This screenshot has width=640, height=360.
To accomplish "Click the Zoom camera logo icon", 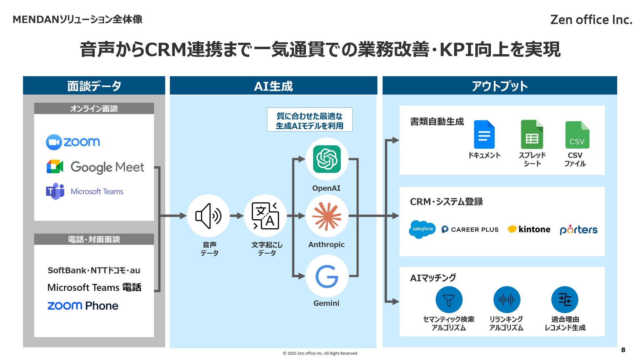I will pyautogui.click(x=54, y=142).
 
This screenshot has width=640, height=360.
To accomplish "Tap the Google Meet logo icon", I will pyautogui.click(x=55, y=167).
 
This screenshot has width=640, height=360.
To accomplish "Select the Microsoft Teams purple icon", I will pyautogui.click(x=55, y=191).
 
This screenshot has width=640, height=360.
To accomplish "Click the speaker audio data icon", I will pyautogui.click(x=208, y=216).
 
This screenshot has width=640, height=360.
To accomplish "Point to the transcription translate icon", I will pyautogui.click(x=265, y=216).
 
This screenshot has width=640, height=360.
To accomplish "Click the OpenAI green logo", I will pyautogui.click(x=327, y=159).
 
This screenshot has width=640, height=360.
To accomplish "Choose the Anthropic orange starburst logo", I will pyautogui.click(x=327, y=216).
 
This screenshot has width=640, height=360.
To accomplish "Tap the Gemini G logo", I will pyautogui.click(x=327, y=276).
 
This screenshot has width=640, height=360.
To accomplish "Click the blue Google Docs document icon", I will pyautogui.click(x=484, y=135).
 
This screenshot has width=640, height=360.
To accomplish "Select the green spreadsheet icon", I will pyautogui.click(x=532, y=135).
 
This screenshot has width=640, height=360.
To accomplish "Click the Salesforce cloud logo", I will pyautogui.click(x=422, y=229).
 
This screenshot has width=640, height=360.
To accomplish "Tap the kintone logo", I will pyautogui.click(x=529, y=229).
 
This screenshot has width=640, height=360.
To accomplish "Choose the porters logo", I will pyautogui.click(x=579, y=230).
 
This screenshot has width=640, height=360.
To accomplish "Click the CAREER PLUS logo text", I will pyautogui.click(x=470, y=229).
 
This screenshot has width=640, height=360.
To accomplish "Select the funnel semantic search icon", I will pyautogui.click(x=449, y=300).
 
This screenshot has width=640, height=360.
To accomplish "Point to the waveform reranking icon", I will pyautogui.click(x=507, y=300).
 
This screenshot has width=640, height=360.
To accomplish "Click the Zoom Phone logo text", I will pyautogui.click(x=83, y=306).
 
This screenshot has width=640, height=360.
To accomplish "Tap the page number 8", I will pyautogui.click(x=623, y=350).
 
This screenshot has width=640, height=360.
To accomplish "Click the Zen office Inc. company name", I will pyautogui.click(x=591, y=20).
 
